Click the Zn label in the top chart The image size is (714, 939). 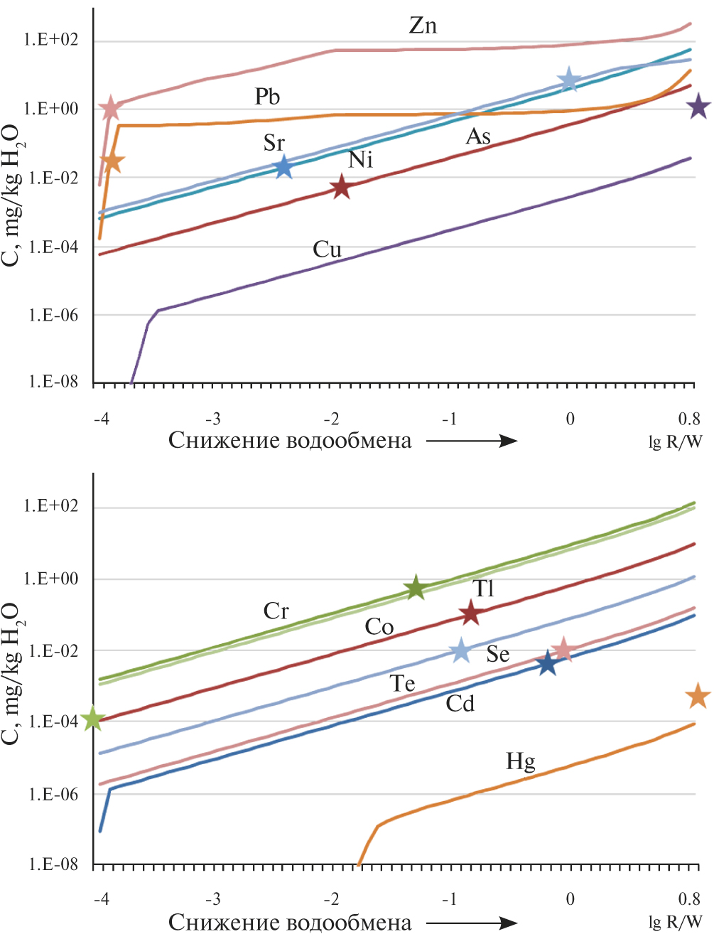point(423,26)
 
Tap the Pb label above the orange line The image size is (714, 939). point(267,97)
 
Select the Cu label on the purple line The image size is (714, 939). point(327,249)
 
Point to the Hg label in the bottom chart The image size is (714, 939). point(520,762)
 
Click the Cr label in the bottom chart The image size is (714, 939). point(276,611)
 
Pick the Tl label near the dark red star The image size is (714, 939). point(483,589)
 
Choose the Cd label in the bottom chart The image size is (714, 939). point(460,704)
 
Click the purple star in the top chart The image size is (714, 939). point(698,107)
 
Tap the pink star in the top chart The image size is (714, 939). point(110,109)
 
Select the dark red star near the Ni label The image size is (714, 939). point(342,187)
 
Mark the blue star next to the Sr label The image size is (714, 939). point(283,167)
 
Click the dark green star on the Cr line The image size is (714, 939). point(416,588)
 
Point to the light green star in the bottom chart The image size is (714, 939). point(94,719)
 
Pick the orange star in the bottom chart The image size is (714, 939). point(698,697)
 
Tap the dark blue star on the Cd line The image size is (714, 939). point(546,663)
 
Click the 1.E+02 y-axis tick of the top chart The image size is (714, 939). point(50,41)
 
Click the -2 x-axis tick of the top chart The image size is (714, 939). point(331,419)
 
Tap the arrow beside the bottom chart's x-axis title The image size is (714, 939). point(472,923)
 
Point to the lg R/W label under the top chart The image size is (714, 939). point(675,442)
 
